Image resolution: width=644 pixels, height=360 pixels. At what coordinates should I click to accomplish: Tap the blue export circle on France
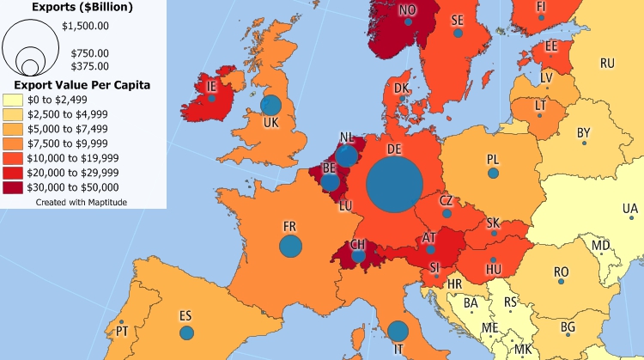tap(291, 247)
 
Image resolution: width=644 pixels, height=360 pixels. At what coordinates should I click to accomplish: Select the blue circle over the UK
tap(270, 106)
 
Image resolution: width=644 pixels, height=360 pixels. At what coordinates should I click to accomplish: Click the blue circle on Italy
tap(398, 331)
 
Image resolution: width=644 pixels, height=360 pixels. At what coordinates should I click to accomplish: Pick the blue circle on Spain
tap(186, 333)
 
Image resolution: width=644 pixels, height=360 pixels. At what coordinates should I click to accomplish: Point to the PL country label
tap(493, 159)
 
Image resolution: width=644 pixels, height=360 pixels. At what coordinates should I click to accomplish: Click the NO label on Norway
tap(408, 10)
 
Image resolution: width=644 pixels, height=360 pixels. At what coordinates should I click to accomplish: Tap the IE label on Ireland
tap(211, 86)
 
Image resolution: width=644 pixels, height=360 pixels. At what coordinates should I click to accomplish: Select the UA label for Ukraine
tap(630, 209)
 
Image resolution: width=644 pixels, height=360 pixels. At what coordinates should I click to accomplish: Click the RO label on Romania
tap(561, 272)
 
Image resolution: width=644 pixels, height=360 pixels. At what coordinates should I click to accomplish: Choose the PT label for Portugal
tap(122, 331)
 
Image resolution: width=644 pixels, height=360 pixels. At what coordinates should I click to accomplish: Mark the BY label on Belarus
tap(584, 132)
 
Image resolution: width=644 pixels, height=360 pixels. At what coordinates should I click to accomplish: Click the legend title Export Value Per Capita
tap(77, 85)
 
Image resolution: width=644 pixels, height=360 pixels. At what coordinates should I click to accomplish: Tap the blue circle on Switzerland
tap(359, 255)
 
